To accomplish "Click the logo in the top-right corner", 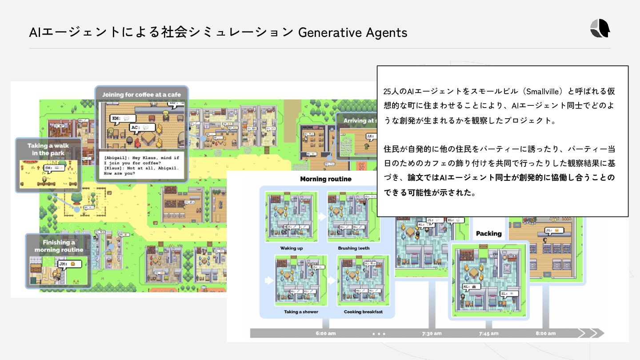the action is (600, 29).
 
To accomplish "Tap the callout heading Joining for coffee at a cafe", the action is (141, 95).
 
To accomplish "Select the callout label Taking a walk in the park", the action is (48, 149).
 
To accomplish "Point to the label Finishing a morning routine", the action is (59, 246).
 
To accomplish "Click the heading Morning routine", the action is (326, 179).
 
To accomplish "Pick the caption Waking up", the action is (292, 248).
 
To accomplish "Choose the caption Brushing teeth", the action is (353, 248).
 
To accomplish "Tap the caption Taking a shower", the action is (300, 312).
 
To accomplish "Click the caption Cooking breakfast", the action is (363, 312).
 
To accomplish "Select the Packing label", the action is (488, 233).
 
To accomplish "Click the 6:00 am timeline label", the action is (326, 333).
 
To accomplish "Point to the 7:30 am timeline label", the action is (432, 333).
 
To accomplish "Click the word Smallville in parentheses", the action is (542, 92).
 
